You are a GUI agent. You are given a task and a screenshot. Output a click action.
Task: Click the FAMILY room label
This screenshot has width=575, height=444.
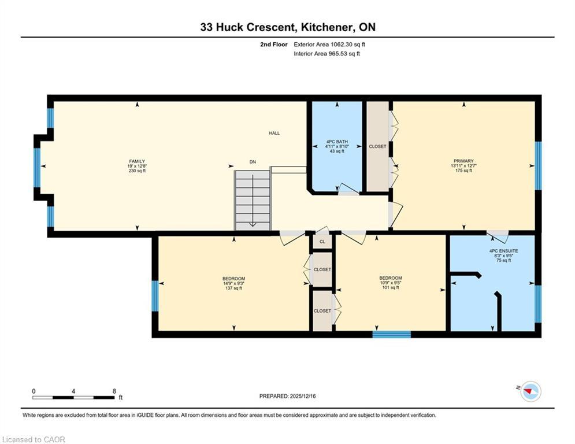137,161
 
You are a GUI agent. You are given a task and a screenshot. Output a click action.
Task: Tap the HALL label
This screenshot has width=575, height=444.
274,133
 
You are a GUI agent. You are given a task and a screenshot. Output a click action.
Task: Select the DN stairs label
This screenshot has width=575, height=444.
253,162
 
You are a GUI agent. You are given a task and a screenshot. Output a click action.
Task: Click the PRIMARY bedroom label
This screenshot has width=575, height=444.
463,161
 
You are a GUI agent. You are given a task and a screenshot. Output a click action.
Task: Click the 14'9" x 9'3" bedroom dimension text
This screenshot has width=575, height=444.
233,283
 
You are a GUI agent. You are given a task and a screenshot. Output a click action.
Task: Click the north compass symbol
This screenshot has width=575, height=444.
529,391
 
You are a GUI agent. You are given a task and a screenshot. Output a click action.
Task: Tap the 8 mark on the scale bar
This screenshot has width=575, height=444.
114,391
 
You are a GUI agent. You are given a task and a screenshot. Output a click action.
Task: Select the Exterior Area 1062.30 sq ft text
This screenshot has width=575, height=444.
329,44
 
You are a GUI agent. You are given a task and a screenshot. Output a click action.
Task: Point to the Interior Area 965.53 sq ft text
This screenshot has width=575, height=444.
327,54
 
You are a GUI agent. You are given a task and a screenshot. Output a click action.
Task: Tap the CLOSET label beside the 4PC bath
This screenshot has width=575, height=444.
377,147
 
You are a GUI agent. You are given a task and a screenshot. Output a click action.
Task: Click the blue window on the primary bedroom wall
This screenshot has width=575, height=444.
538,165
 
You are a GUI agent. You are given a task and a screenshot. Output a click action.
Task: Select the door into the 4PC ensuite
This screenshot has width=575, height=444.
498,236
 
